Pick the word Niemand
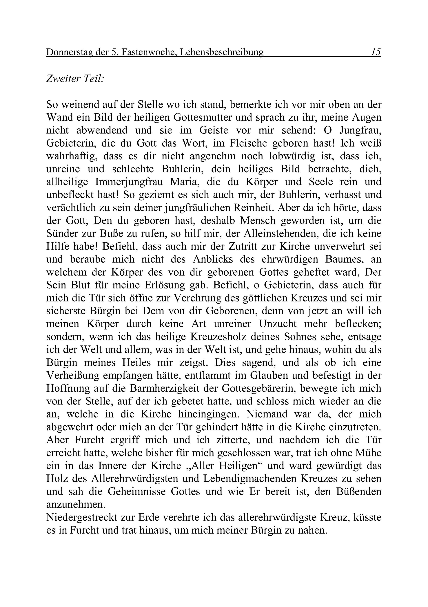267,414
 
